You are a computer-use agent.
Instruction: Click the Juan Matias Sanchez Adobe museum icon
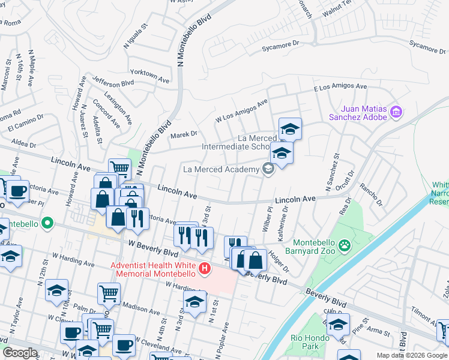396,112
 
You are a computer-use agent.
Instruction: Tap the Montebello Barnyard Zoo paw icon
344,244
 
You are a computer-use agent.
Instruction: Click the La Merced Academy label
221,170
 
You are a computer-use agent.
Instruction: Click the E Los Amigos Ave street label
340,87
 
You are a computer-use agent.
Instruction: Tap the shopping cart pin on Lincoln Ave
119,169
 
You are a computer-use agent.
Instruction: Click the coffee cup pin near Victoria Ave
17,190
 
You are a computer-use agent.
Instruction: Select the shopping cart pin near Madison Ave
109,293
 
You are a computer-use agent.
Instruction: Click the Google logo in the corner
20,353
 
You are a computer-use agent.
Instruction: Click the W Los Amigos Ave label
241,110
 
